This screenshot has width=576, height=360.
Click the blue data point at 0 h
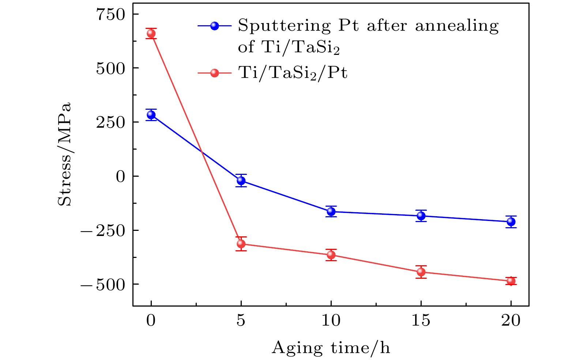[151, 115]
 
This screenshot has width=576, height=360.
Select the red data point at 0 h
[151, 34]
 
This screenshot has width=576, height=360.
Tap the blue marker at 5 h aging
[241, 180]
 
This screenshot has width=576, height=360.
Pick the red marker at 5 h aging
[241, 244]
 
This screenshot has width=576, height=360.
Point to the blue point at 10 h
[331, 211]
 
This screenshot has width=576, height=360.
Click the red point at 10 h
[331, 255]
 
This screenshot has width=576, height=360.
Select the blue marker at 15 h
[421, 216]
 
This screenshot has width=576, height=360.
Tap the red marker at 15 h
[421, 272]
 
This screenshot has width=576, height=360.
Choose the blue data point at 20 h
[511, 222]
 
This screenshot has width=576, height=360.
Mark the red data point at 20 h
[511, 281]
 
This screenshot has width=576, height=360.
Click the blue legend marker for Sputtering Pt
[215, 26]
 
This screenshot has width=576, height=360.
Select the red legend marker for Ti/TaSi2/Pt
[215, 73]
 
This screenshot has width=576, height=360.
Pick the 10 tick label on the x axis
[331, 321]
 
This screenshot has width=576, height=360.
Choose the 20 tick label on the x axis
[511, 321]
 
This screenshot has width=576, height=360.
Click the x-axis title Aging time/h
[331, 348]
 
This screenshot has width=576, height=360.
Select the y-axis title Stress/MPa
[65, 155]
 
